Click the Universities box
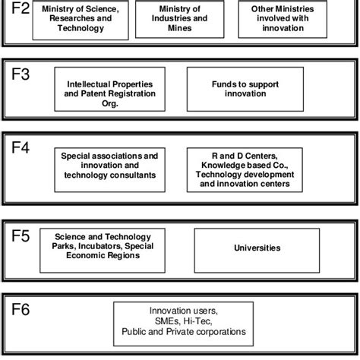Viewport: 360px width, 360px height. [257, 248]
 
